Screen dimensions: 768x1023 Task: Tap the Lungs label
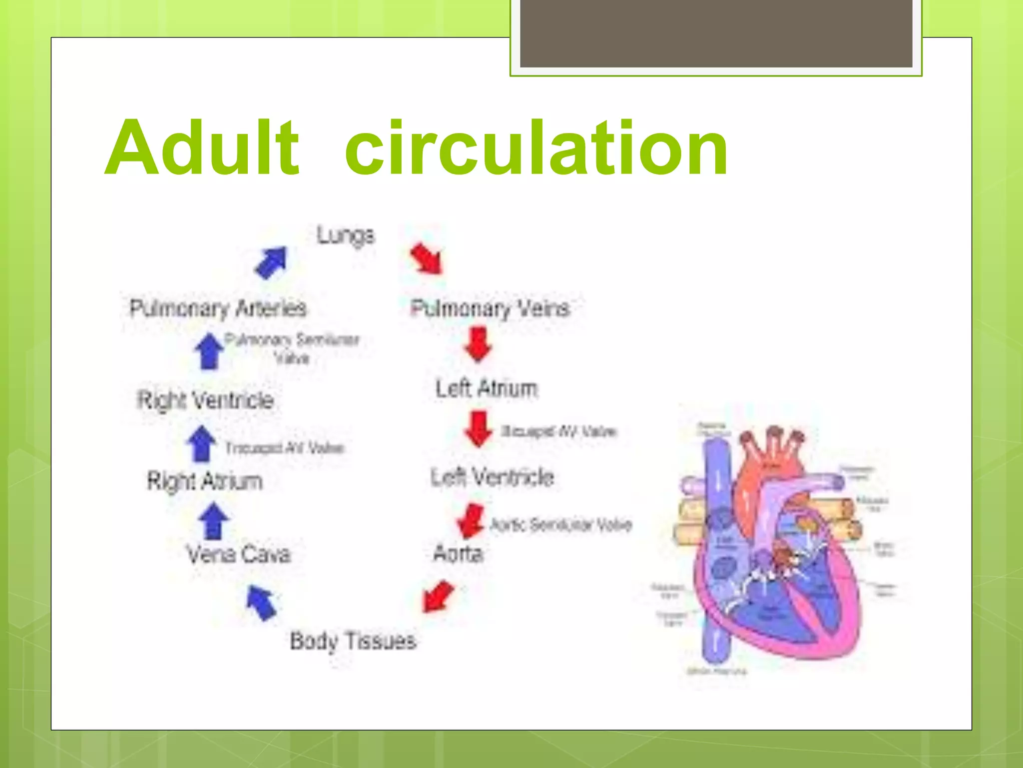point(345,235)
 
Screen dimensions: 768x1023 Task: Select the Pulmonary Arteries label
point(218,308)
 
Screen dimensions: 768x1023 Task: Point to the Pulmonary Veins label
point(490,308)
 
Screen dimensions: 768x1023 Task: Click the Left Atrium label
point(486,389)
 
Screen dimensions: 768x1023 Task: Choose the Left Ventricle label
point(492,477)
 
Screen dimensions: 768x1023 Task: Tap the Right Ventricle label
point(205,400)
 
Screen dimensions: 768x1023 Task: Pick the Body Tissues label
point(353,641)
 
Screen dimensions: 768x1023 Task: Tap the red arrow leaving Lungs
point(427,258)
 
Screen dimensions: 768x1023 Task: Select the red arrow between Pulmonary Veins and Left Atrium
point(478,344)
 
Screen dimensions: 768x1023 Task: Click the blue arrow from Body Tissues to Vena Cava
point(261,602)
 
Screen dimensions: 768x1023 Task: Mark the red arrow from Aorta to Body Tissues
point(438,596)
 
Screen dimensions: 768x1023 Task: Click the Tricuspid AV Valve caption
point(284,447)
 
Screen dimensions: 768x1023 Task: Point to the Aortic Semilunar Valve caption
point(560,524)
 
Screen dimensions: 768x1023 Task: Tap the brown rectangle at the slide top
point(716,33)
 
